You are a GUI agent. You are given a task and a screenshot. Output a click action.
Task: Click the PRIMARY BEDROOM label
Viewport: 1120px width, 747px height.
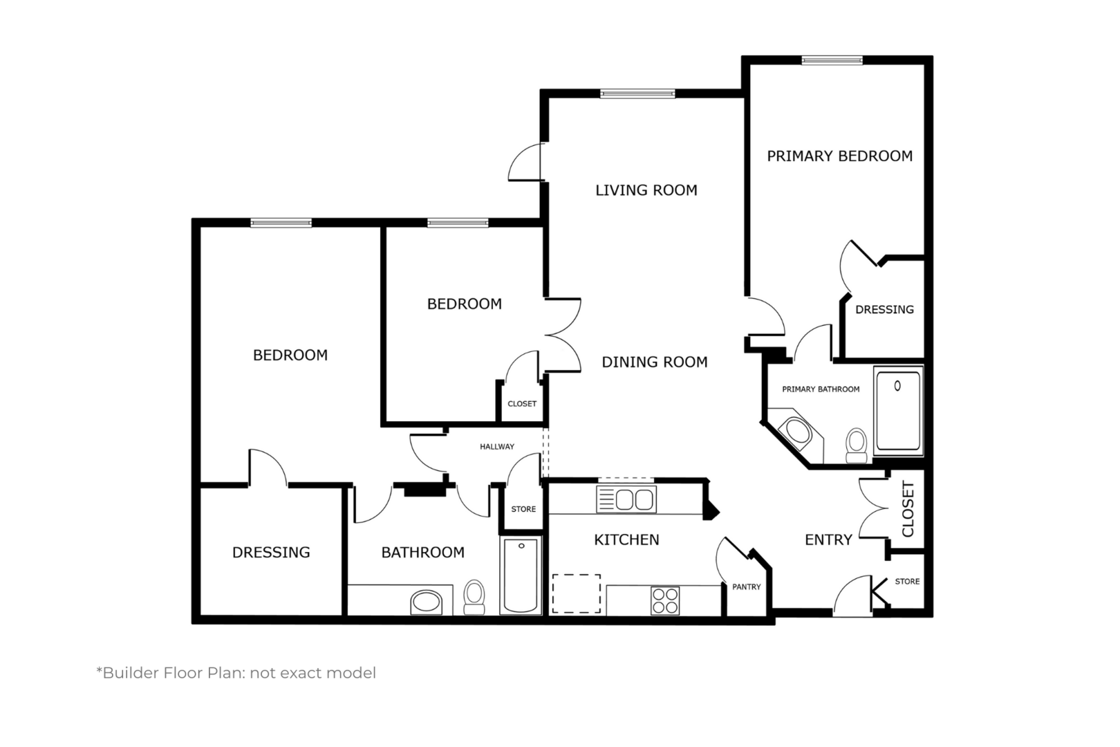click(839, 156)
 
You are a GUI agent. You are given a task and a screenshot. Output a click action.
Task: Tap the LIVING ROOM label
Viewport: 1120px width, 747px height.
click(646, 190)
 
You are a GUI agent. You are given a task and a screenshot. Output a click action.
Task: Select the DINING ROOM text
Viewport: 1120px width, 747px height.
click(655, 362)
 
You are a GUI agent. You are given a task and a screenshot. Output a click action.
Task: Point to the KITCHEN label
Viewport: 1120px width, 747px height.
click(626, 539)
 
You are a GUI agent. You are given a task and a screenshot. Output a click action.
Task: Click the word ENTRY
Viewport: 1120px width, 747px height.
click(828, 539)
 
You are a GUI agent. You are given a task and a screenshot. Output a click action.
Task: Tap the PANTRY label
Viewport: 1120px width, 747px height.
click(747, 587)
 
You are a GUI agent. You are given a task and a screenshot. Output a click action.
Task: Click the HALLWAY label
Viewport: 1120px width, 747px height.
click(497, 447)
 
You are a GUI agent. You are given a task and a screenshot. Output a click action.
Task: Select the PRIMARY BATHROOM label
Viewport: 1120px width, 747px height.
click(821, 389)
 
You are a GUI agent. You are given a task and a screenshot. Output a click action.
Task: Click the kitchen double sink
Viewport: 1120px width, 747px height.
click(626, 499)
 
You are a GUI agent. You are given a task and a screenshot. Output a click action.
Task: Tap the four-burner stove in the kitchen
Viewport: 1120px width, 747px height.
click(666, 600)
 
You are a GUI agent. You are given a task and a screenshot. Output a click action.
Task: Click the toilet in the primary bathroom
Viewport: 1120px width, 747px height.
click(857, 446)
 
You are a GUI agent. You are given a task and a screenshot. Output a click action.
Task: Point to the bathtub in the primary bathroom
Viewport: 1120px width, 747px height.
click(898, 411)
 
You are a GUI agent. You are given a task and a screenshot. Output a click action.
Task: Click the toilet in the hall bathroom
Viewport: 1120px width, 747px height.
click(474, 597)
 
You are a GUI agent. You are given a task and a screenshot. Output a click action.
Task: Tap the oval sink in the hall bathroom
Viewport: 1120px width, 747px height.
click(427, 602)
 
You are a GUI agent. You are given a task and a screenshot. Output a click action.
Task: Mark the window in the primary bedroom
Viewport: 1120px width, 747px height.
click(832, 61)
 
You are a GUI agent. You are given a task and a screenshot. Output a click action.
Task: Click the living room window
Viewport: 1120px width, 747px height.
click(637, 93)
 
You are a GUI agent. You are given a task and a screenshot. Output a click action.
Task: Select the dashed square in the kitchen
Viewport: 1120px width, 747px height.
click(577, 594)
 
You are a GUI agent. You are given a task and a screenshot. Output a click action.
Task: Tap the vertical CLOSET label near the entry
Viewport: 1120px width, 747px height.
click(908, 509)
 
